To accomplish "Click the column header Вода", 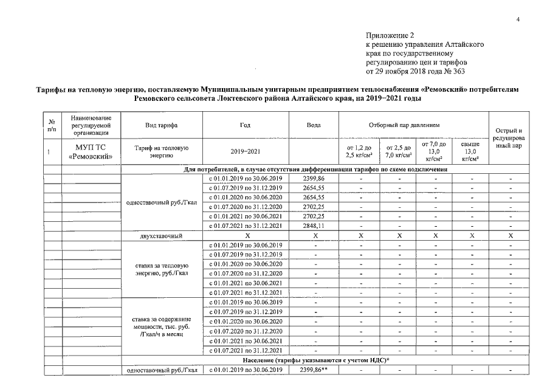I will [315, 125].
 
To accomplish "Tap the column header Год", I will [245, 125].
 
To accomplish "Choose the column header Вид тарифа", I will [161, 125].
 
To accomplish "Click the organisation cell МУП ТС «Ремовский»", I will [91, 151].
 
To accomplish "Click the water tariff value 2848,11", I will [315, 226].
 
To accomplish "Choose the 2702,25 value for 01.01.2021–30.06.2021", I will [315, 216].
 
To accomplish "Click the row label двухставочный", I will [161, 235].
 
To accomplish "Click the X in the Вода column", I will [315, 235].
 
